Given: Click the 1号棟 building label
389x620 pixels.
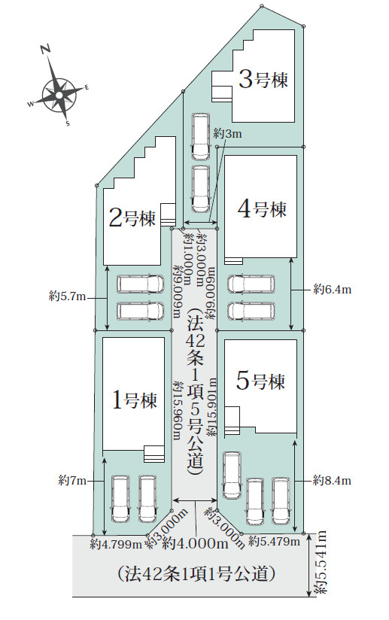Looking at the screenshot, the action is pyautogui.click(x=135, y=400).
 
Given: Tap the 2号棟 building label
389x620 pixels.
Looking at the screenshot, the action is pyautogui.click(x=132, y=218).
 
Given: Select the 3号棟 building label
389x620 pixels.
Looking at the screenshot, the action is pyautogui.click(x=263, y=79).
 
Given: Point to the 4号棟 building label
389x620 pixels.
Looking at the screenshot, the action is pyautogui.click(x=262, y=208).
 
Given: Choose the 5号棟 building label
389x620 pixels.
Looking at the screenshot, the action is pyautogui.click(x=260, y=381).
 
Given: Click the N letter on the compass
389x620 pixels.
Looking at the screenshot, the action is pyautogui.click(x=45, y=50).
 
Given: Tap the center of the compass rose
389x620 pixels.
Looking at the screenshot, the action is pyautogui.click(x=59, y=95).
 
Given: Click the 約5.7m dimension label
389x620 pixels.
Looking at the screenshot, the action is pyautogui.click(x=67, y=296).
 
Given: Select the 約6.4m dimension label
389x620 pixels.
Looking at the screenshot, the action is pyautogui.click(x=332, y=290).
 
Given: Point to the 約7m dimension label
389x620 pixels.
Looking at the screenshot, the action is pyautogui.click(x=72, y=481).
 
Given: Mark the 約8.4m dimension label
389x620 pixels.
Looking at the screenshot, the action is pyautogui.click(x=332, y=480).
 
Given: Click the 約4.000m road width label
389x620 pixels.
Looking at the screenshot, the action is pyautogui.click(x=196, y=544).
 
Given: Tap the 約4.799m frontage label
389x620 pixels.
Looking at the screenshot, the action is pyautogui.click(x=116, y=545).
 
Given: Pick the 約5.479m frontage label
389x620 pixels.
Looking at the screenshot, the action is pyautogui.click(x=274, y=541).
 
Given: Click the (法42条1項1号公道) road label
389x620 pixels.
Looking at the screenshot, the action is pyautogui.click(x=196, y=573).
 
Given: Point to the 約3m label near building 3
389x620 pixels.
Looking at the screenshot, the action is pyautogui.click(x=227, y=134).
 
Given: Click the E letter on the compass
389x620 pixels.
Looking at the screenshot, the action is pyautogui.click(x=87, y=88).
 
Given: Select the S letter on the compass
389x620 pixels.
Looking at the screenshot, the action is pyautogui.click(x=68, y=123).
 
